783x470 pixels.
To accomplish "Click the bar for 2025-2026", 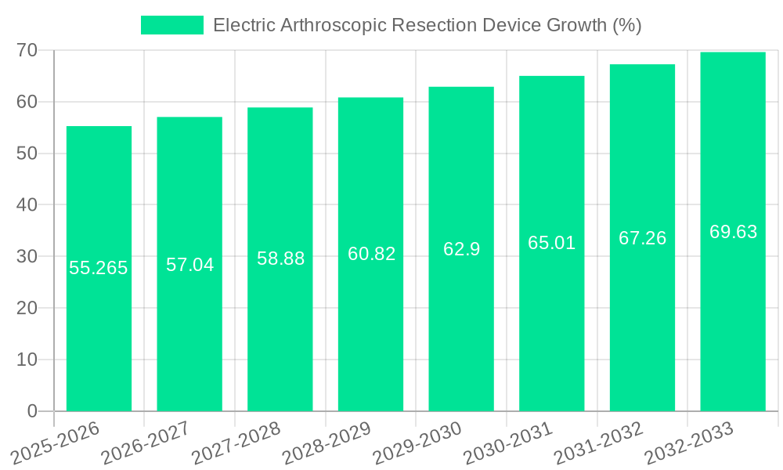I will coord(99,337).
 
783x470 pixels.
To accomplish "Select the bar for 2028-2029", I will coord(370,329).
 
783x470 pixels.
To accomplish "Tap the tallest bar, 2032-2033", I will coord(733,313).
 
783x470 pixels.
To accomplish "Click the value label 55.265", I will coord(99,268).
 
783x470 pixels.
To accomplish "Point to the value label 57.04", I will coord(189,265).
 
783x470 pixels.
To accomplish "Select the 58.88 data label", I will coord(280,258).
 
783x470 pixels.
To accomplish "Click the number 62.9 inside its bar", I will coord(461,249).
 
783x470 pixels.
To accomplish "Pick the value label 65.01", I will coord(551,243).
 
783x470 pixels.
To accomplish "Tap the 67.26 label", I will coord(642,238).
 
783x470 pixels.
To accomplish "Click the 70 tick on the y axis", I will coord(27,50).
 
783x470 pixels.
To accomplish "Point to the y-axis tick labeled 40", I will coord(27,204).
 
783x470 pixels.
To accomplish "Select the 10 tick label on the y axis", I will coord(27,360).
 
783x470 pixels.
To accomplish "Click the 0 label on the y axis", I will coord(32,411).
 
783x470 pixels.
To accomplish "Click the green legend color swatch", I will coord(171,25).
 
